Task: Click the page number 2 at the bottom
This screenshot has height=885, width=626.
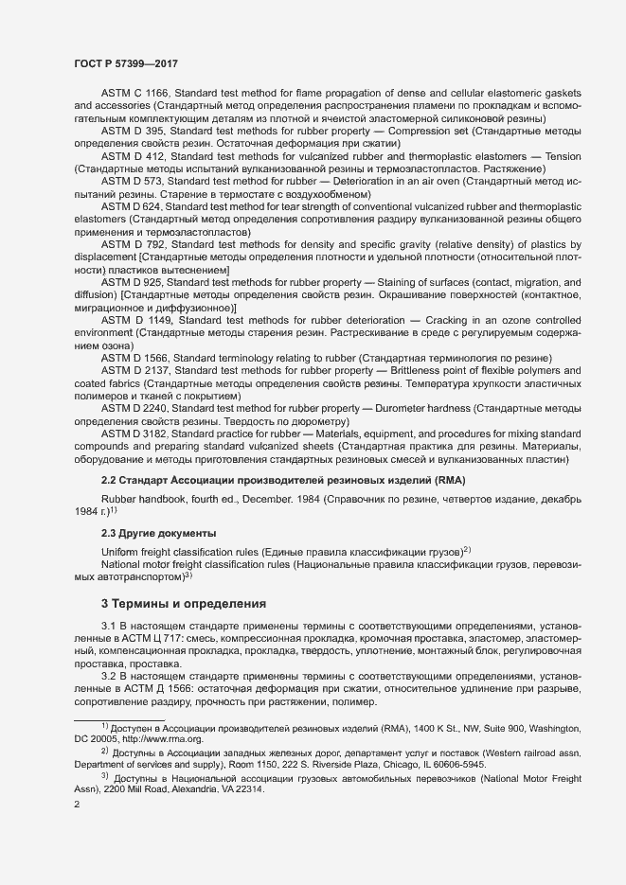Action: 78,805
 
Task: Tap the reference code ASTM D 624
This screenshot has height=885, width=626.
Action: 131,205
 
